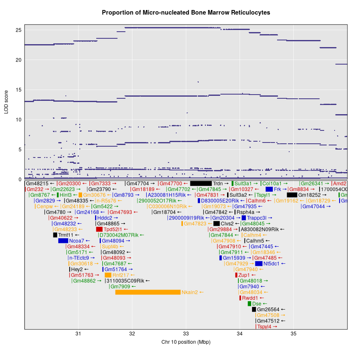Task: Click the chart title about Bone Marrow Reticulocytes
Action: click(x=186, y=12)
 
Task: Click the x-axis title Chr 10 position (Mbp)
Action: click(x=186, y=342)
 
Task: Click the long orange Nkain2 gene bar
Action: click(x=147, y=292)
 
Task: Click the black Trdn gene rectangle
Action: click(x=201, y=183)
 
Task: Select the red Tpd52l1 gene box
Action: click(x=99, y=229)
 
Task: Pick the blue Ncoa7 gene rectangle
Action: click(x=63, y=241)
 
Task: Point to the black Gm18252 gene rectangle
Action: click(x=292, y=195)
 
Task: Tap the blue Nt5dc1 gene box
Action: click(x=259, y=264)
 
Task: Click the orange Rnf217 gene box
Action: click(x=108, y=275)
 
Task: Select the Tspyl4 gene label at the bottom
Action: click(x=267, y=327)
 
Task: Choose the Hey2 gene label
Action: click(x=77, y=270)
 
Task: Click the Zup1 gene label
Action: click(x=244, y=275)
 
